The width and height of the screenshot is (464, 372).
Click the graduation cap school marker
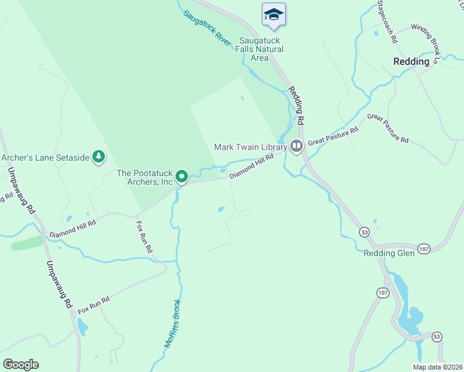(x=274, y=15)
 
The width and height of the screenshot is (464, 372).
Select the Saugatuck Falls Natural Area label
(x=261, y=49)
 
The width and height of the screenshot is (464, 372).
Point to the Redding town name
(x=411, y=61)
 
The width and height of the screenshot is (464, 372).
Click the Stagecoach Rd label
(x=386, y=22)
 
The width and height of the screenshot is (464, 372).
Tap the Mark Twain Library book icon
(x=296, y=146)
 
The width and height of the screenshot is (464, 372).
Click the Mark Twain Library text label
(x=249, y=147)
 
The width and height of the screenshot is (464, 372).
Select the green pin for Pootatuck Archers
(x=182, y=176)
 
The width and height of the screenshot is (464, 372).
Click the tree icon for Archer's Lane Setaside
(x=98, y=157)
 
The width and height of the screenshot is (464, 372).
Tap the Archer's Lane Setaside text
(x=45, y=157)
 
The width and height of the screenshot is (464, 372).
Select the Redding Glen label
(x=388, y=253)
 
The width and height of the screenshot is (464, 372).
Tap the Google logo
(x=20, y=364)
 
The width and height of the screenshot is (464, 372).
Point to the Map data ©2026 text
(x=437, y=367)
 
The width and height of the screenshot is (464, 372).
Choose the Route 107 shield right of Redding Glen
(x=424, y=249)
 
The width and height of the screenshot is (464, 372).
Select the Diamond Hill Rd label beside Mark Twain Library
(x=251, y=167)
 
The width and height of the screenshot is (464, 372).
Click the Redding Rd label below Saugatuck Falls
(x=297, y=104)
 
